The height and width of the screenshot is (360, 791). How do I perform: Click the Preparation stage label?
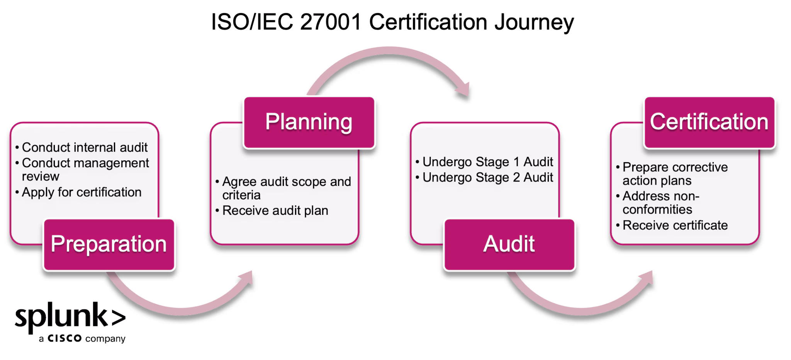coord(109,244)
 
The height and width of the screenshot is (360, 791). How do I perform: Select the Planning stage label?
coord(309,122)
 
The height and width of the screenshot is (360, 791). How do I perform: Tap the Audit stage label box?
coord(509,244)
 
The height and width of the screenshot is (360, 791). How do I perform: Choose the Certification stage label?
coord(709,122)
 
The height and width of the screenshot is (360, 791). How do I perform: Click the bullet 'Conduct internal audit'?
coord(84,147)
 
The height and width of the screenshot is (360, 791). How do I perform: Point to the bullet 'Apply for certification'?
coord(81,192)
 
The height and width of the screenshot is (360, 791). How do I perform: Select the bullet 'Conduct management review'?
coord(85,170)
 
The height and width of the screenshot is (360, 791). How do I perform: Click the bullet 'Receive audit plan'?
coord(275,211)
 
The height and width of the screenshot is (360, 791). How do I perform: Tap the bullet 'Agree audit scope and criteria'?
coord(286,188)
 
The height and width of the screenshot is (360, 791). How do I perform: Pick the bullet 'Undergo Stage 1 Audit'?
coord(487,161)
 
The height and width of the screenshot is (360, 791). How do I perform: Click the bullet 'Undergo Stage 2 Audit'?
coord(487,177)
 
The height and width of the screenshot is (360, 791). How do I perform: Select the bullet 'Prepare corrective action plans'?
coord(675,174)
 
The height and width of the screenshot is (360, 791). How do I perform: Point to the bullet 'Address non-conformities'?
coord(660,202)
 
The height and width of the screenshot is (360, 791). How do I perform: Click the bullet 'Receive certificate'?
coord(675,225)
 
